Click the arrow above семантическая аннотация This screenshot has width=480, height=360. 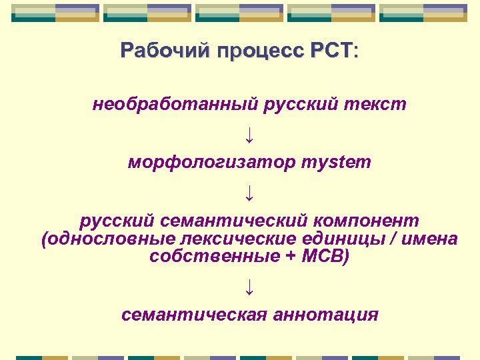pyautogui.click(x=249, y=286)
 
